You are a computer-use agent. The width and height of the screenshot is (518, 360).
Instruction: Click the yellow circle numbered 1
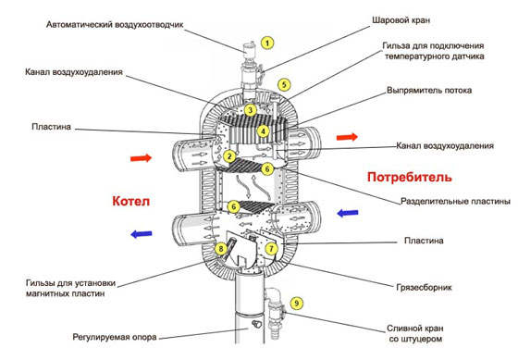pos(267,43)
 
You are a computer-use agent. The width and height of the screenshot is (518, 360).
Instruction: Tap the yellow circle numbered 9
pos(297,304)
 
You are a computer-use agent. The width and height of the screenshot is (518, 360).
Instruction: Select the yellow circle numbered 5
pos(284,84)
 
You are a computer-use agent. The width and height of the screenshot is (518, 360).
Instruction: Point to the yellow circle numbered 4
pos(264,131)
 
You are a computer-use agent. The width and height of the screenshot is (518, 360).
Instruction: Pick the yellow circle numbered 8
pos(221,249)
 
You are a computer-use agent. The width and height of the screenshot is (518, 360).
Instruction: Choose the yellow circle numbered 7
pos(272,249)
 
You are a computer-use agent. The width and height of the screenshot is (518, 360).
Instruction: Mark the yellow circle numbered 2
pos(229,156)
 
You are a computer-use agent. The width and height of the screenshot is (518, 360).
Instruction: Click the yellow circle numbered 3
pos(250,110)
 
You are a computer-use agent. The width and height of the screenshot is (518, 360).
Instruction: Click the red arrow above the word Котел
pos(141,158)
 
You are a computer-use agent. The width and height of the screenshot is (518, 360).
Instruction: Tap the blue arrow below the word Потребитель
pos(348,213)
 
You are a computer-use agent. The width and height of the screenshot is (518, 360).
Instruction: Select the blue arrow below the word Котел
pos(142,234)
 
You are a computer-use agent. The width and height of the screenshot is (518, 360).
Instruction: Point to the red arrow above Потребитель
pos(347,137)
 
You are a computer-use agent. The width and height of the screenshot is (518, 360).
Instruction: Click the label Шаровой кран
pos(401,20)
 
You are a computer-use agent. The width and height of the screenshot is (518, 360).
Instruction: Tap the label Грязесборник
pos(424,287)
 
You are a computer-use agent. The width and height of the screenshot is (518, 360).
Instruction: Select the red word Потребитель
pos(410,178)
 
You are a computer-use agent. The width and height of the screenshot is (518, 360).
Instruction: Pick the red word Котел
pos(131,201)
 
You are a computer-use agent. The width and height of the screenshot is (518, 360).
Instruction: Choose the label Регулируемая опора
pos(115,337)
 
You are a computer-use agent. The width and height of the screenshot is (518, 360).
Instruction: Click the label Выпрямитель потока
pos(429,91)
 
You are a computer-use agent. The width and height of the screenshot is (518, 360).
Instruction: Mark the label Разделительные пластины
pos(455,201)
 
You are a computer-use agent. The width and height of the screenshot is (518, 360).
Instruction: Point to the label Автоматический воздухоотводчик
pos(115,25)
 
